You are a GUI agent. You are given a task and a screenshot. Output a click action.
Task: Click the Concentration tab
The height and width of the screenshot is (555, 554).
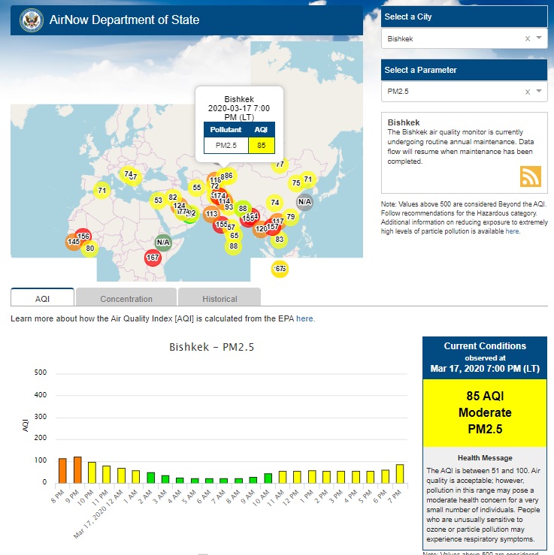pos(126,298)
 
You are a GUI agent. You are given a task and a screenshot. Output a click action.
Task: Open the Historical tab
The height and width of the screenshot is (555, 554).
pos(219,298)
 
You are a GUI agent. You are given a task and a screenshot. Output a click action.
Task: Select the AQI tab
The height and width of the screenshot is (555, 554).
pos(42,298)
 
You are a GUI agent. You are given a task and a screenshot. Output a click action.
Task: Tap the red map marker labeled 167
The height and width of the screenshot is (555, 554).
pos(153,258)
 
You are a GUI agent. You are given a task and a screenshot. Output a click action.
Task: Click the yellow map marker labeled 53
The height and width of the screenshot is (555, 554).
pos(158,201)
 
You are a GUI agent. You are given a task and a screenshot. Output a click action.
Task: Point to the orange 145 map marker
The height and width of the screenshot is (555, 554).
pos(74,242)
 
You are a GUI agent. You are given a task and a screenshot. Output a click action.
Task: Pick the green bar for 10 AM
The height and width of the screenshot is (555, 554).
pos(268,478)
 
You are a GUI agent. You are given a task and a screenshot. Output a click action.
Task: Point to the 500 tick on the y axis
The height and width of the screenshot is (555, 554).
pos(41,373)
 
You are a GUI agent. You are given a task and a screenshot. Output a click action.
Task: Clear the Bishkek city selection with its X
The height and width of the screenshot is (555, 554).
pos(527,38)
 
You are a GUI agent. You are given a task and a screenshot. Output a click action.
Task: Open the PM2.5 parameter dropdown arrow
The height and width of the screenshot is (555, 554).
pos(539,91)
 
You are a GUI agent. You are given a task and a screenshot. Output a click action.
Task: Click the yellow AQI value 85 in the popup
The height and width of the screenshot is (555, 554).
pos(261,145)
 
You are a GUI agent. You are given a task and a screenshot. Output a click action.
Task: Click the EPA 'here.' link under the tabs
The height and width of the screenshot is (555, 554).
pos(305,318)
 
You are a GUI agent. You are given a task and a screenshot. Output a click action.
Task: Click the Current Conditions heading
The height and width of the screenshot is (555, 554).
pos(485,346)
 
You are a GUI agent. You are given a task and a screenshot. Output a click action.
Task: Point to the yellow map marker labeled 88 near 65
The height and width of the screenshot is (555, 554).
pos(234,246)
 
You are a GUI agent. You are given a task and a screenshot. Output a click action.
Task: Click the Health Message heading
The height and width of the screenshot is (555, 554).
pos(485,457)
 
